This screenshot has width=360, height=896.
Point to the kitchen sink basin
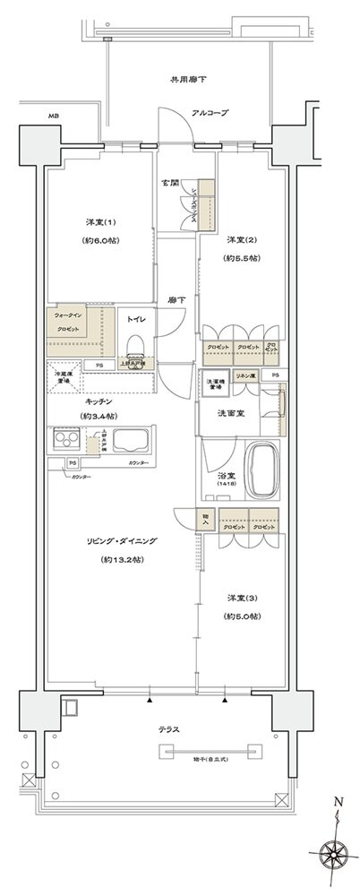click(x=132, y=443)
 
